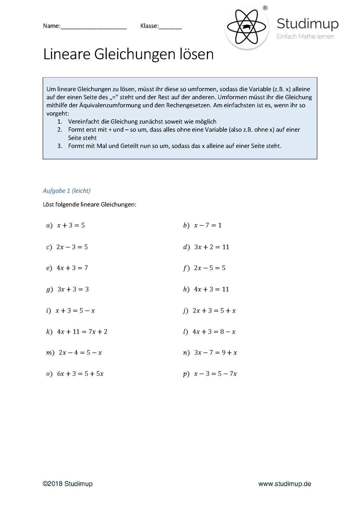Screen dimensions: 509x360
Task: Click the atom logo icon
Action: click(247, 27)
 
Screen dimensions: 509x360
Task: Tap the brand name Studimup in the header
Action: click(307, 24)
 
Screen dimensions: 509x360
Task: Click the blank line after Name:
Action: click(94, 27)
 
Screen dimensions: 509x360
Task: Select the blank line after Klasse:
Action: click(170, 27)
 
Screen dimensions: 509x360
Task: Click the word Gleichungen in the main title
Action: click(135, 54)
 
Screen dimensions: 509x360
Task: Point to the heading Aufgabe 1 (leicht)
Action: click(67, 191)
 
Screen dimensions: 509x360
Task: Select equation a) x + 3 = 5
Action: click(71, 226)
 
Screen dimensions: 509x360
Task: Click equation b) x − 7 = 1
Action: click(207, 226)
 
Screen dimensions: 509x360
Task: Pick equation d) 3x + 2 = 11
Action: click(211, 247)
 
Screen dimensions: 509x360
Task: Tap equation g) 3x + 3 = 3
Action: click(73, 289)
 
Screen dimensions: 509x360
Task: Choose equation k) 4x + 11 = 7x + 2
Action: click(82, 332)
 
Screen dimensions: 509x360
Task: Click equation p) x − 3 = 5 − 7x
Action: click(215, 374)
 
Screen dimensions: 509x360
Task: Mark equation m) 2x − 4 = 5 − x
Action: click(80, 353)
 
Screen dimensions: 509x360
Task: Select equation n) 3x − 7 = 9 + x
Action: click(215, 353)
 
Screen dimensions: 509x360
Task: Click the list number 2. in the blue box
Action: click(60, 130)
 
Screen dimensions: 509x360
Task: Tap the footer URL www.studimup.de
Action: click(285, 484)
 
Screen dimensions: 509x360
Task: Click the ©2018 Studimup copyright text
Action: click(68, 484)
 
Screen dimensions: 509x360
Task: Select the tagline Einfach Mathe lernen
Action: click(305, 37)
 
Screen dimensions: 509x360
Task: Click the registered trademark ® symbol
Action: click(265, 8)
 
